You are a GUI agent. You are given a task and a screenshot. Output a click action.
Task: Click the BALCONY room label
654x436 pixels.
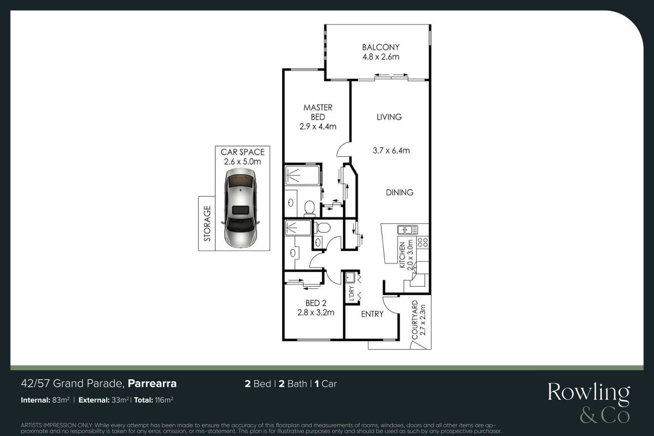[380, 47]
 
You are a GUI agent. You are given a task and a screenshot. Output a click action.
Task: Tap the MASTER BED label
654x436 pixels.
[318, 112]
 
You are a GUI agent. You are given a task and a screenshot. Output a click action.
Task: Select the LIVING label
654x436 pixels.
[389, 117]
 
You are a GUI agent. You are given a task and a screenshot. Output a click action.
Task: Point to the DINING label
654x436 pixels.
[399, 192]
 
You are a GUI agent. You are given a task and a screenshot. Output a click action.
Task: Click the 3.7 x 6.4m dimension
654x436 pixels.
[391, 150]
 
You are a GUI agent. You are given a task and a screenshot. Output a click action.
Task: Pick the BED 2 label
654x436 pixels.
[316, 303]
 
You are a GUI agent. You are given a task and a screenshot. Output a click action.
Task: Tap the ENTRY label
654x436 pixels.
[372, 314]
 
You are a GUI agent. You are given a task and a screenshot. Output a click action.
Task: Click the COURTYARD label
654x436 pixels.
[414, 320]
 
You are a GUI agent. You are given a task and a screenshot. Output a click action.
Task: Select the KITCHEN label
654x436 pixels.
[402, 255]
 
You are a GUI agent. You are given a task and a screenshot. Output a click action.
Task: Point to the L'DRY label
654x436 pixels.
[351, 294]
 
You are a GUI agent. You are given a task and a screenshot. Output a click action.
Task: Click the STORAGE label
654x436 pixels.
[207, 224]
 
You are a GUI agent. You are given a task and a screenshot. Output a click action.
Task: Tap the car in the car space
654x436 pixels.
[241, 208]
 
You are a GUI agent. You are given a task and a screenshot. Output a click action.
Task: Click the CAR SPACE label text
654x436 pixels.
[242, 152]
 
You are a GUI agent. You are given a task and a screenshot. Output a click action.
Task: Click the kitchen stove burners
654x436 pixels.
[422, 243]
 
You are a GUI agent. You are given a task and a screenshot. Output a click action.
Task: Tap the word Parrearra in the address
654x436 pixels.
[152, 383]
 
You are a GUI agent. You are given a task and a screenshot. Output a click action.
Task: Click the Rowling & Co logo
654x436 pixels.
[589, 403]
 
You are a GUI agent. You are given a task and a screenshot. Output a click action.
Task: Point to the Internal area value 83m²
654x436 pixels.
[61, 400]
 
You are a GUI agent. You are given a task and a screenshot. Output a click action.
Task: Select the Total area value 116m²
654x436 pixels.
[164, 400]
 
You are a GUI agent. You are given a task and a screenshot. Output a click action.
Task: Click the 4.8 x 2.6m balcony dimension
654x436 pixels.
[381, 57]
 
